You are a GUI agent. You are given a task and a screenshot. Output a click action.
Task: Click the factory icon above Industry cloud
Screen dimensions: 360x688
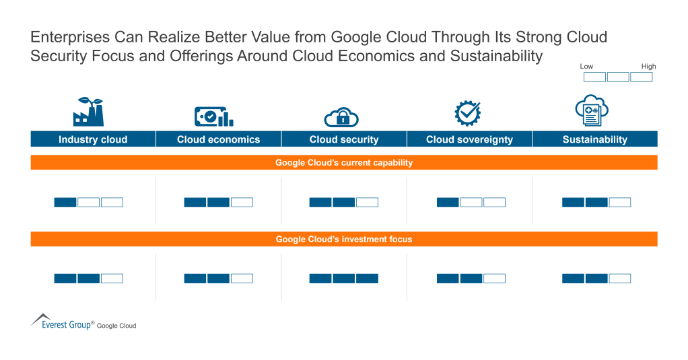point(88,112)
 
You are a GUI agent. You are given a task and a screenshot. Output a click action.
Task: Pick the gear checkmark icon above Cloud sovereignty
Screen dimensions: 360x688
point(467,112)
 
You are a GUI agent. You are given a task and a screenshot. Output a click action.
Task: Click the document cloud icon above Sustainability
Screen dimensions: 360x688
point(592,110)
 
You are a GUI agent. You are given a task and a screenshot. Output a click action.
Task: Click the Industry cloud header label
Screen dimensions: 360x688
point(93,139)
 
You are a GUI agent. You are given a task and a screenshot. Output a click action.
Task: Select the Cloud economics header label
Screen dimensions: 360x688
point(218,139)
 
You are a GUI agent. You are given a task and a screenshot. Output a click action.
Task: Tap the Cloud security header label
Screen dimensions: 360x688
point(344,139)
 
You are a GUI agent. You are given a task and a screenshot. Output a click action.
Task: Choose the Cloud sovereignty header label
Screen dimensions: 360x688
point(469,139)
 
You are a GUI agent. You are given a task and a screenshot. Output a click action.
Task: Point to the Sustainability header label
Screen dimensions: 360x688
point(594,139)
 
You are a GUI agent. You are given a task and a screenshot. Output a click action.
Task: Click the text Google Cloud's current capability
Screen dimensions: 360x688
point(344,163)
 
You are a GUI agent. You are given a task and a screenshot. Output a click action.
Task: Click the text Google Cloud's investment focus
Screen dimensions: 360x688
point(344,239)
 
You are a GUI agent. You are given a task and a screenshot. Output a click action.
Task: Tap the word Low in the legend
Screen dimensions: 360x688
point(587,67)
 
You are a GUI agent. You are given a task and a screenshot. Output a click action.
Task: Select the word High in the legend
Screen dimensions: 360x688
point(648,67)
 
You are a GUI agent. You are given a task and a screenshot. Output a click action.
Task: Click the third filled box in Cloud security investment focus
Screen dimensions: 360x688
point(367,279)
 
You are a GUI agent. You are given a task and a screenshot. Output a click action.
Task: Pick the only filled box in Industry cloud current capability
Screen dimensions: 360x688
point(65,202)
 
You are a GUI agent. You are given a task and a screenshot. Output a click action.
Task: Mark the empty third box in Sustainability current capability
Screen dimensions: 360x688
point(619,202)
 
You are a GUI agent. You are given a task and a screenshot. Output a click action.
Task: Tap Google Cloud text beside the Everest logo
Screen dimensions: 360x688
point(116,326)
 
